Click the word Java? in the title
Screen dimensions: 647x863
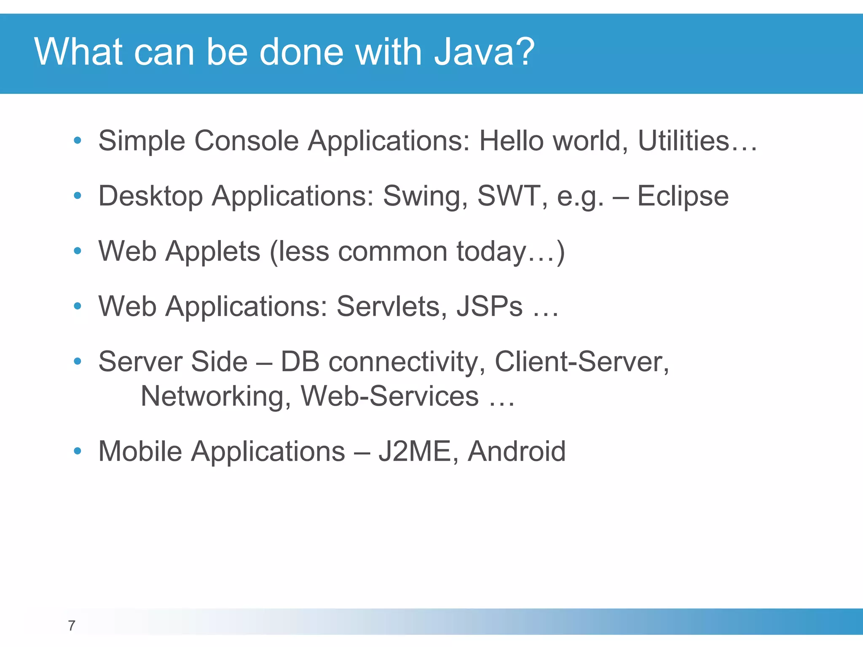(484, 52)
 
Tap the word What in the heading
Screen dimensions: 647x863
(78, 52)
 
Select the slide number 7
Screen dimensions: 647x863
(72, 626)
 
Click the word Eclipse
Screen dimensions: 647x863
(683, 196)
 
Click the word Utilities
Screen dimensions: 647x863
(683, 141)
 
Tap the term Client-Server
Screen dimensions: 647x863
(582, 362)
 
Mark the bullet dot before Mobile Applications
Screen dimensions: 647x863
(77, 452)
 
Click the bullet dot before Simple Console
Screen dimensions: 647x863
(77, 141)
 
